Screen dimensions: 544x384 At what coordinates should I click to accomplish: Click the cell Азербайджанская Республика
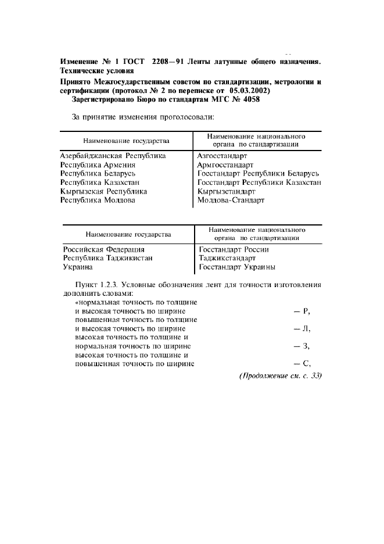[113, 156]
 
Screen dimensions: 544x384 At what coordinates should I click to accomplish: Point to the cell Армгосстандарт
[226, 164]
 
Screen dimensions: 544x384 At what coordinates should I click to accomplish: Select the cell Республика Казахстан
[99, 182]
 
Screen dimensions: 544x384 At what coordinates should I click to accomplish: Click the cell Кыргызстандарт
[226, 191]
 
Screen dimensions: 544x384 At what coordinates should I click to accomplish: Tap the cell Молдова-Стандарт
[231, 200]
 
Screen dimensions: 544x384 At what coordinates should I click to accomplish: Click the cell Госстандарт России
[234, 249]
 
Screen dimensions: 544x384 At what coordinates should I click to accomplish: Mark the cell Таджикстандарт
[227, 258]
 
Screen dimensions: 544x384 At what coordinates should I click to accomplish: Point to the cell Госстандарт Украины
[237, 267]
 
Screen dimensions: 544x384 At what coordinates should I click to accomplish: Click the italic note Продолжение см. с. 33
[272, 376]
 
